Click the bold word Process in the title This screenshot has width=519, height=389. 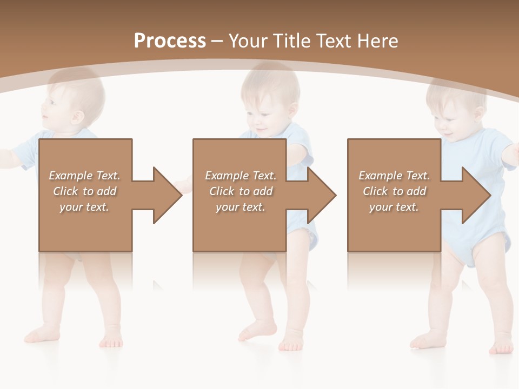click(x=170, y=41)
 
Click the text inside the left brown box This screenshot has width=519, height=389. click(x=85, y=191)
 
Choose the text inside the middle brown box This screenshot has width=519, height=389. click(x=241, y=191)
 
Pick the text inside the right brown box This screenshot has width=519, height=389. click(x=394, y=191)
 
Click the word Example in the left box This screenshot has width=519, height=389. click(x=71, y=176)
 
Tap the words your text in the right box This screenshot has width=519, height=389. click(x=394, y=207)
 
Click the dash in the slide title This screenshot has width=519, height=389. click(x=217, y=41)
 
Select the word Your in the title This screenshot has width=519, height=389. click(x=247, y=41)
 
